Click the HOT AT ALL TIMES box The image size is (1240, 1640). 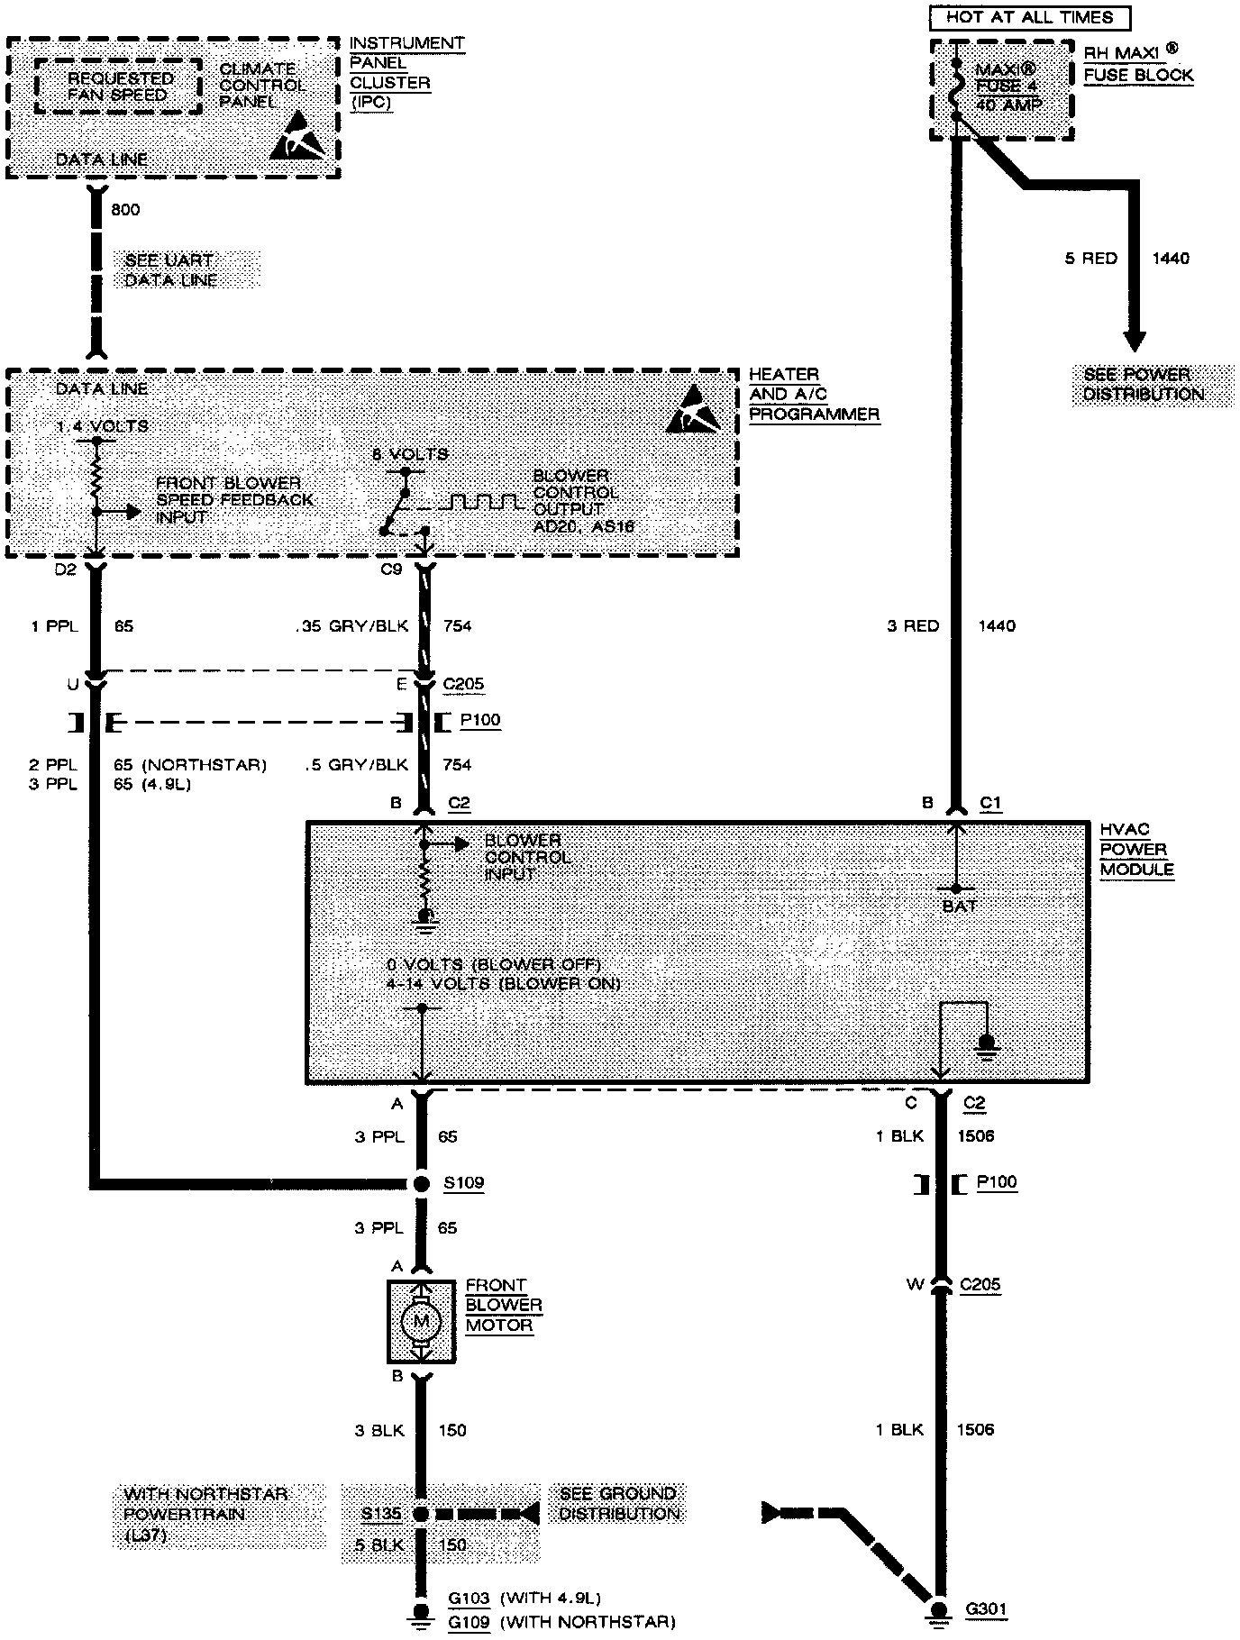(1029, 17)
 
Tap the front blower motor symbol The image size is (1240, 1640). (420, 1323)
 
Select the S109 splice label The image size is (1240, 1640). (463, 1182)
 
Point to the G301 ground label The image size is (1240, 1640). (986, 1609)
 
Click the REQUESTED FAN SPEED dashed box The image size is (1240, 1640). (117, 87)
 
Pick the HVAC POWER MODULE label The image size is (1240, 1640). (1136, 850)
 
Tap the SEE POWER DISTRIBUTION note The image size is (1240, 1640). (1143, 385)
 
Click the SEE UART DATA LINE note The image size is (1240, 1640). (171, 270)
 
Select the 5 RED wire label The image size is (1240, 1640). (1090, 259)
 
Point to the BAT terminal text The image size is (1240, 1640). (959, 907)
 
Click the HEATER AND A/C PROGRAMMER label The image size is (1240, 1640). (814, 394)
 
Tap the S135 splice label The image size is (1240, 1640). (380, 1514)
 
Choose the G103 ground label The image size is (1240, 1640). (469, 1599)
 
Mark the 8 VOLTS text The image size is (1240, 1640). (410, 454)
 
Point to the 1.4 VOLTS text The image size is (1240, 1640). (101, 426)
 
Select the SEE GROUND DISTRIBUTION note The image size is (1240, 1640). (618, 1504)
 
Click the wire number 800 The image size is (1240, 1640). (125, 210)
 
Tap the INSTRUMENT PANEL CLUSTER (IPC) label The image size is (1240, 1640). (406, 72)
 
